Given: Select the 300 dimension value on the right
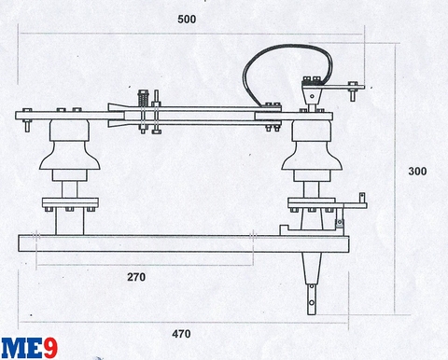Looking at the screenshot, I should tap(420, 172).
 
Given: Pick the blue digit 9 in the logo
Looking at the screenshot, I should tap(49, 345).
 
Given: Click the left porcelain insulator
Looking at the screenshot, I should tap(67, 154).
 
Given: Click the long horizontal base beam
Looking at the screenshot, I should tap(177, 244).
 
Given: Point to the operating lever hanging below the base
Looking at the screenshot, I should tap(311, 284).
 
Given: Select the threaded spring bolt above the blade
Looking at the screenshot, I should tap(143, 99).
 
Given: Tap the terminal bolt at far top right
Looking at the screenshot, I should tap(353, 91).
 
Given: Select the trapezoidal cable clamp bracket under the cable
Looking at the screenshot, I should tap(310, 93).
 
